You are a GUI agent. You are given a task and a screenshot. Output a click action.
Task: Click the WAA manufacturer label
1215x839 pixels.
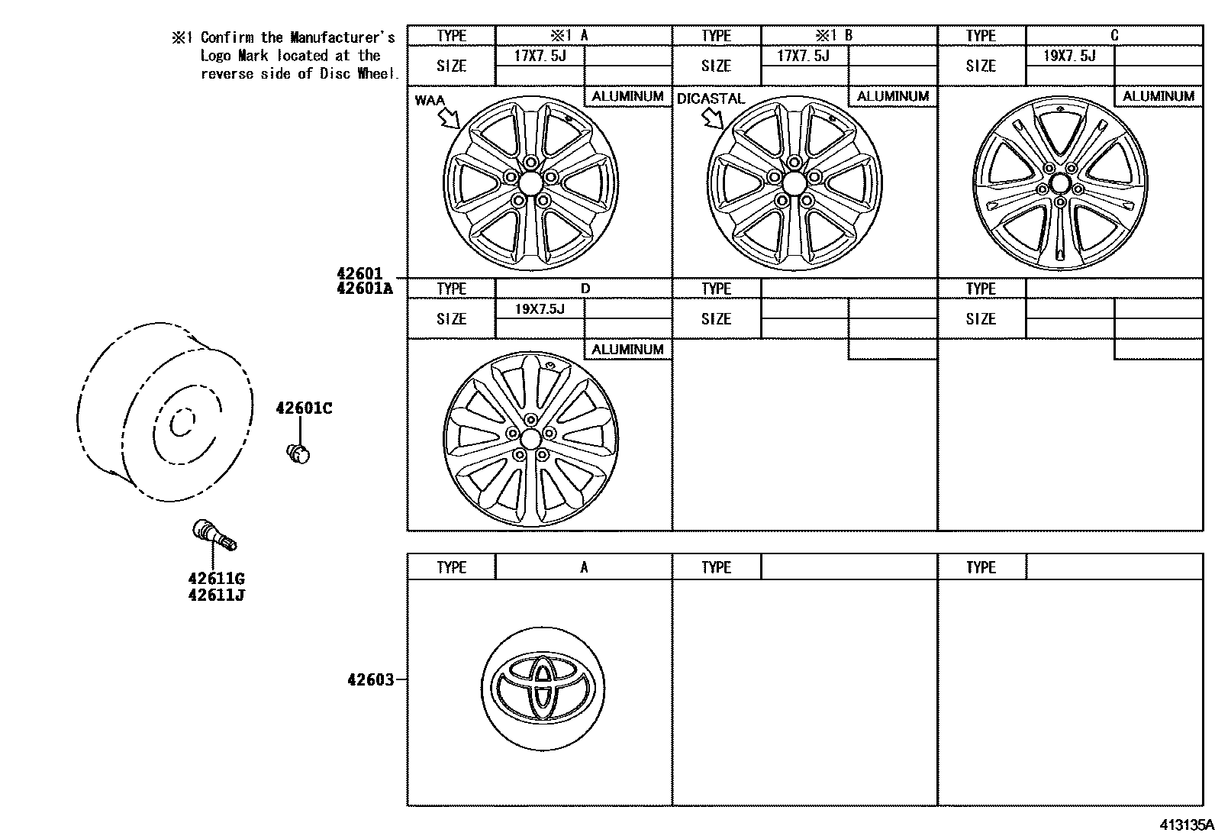430,100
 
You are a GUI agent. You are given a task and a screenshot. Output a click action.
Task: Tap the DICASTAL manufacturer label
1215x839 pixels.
711,98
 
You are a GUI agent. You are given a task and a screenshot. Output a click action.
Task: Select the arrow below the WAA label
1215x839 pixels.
449,118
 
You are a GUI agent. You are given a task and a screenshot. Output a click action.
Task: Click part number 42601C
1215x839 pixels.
304,408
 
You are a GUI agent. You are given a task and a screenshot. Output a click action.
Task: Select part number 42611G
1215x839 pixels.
216,579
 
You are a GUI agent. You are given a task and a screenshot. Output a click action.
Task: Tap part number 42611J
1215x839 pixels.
216,595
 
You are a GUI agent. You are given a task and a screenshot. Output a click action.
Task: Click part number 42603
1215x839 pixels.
371,679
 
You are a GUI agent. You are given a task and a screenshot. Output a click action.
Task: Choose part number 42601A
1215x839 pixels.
364,288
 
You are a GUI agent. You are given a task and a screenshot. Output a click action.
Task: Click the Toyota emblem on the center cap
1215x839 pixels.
543,684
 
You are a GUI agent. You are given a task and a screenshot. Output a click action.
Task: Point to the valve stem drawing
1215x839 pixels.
214,534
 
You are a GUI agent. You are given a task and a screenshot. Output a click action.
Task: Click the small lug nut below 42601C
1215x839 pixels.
298,453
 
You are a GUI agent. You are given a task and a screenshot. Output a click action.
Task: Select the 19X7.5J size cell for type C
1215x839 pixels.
1069,56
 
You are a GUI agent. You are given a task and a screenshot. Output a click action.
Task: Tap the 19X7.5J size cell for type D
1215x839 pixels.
540,308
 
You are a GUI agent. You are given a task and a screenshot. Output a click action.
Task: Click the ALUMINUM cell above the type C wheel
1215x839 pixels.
1158,96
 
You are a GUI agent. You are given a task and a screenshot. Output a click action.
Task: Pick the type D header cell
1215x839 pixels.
585,289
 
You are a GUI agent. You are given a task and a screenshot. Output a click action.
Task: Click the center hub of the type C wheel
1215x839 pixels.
1059,184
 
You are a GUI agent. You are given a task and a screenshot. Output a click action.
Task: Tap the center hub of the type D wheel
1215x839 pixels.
530,439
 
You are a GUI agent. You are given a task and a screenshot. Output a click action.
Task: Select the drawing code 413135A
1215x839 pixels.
1186,825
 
